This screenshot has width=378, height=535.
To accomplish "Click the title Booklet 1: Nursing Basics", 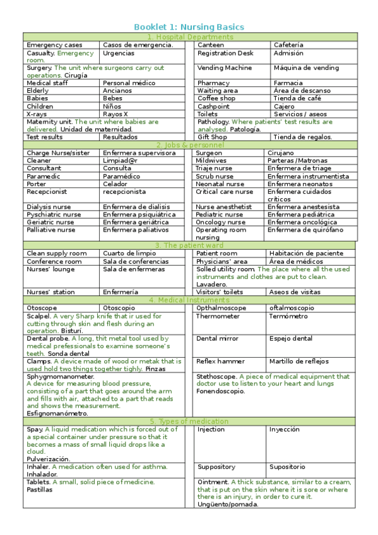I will point(189,27).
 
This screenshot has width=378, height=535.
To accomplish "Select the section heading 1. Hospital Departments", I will point(189,37).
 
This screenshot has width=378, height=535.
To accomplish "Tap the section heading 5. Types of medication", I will point(189,421).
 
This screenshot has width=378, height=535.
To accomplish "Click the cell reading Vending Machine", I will point(224,68).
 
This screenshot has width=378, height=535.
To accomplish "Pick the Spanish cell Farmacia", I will point(288,83).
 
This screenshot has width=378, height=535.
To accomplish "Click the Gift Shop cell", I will point(212,137).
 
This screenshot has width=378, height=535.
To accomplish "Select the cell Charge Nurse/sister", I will point(58,153).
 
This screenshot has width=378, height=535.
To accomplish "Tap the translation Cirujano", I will point(280,153).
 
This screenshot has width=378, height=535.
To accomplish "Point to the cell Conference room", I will point(54,261).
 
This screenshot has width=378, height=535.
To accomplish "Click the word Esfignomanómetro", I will point(57,414).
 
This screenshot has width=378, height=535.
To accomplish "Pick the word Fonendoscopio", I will point(220,391).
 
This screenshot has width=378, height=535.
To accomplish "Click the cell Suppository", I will point(216,467).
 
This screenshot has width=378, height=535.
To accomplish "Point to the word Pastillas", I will point(40,490).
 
